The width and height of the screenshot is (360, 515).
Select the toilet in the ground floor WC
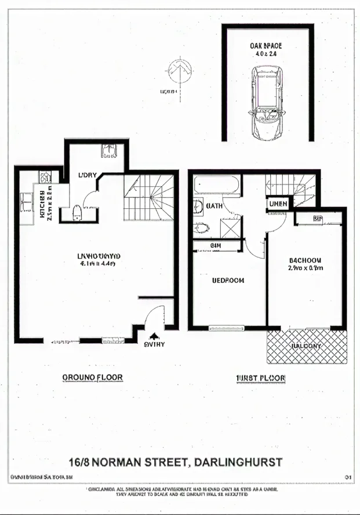[x=77, y=213]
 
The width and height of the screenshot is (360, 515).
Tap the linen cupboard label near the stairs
[x=277, y=204]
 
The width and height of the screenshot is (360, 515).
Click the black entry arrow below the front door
[x=154, y=336]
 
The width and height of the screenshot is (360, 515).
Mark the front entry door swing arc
[x=152, y=318]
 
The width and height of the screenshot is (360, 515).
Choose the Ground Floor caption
[x=92, y=378]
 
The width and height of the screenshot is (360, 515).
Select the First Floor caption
[x=261, y=378]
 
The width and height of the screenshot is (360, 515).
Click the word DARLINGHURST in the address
[x=239, y=462]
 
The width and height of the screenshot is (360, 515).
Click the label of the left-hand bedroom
[x=228, y=280]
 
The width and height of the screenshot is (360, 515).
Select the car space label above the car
[x=266, y=49]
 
